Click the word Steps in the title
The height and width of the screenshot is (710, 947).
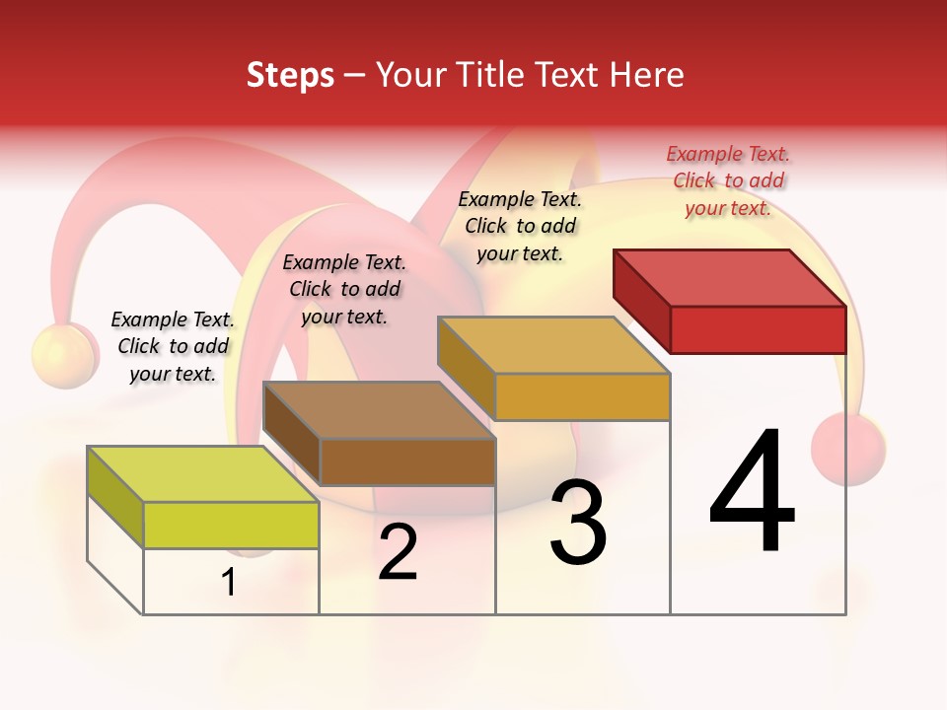coord(290,75)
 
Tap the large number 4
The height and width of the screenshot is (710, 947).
coord(752,493)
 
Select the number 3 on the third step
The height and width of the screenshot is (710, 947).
coord(578,523)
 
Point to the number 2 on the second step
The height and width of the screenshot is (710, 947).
coord(398,553)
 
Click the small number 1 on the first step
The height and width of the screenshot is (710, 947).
coord(229,582)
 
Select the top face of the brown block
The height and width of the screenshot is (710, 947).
coord(379,410)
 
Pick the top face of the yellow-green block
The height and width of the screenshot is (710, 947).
coord(203,474)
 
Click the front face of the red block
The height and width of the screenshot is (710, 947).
coord(758,329)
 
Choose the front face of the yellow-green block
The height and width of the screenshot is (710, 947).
coord(231,525)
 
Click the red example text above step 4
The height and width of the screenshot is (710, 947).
coord(728,180)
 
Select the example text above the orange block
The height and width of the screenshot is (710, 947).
coord(520,226)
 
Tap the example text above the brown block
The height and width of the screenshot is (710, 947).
coord(344,289)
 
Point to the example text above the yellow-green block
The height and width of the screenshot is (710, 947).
coord(173,346)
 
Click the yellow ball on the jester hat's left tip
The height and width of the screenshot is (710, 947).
coord(62,356)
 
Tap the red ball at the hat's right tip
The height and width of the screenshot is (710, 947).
coord(848,448)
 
